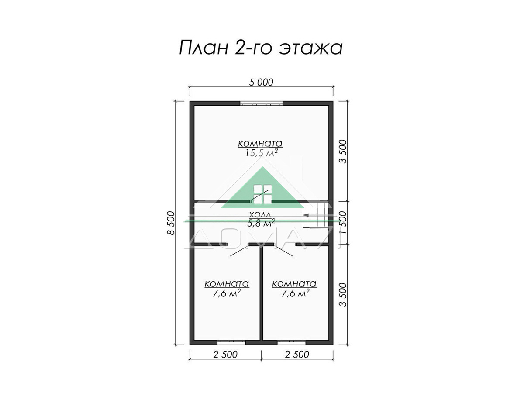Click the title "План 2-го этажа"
click(x=261, y=47)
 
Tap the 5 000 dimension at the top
click(x=261, y=83)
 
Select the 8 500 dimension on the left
click(x=171, y=223)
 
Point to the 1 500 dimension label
click(x=343, y=223)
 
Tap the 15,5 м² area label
click(x=261, y=152)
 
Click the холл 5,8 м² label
click(x=262, y=219)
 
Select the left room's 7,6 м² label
click(x=226, y=293)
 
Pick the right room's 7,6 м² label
click(x=295, y=293)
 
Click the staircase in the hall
click(x=315, y=215)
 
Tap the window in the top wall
click(x=262, y=103)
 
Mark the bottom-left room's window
click(x=231, y=342)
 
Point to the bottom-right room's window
click(x=292, y=342)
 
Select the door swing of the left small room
click(x=239, y=251)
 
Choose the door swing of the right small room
click(x=283, y=251)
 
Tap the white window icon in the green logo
click(x=262, y=195)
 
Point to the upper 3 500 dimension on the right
click(x=343, y=152)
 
